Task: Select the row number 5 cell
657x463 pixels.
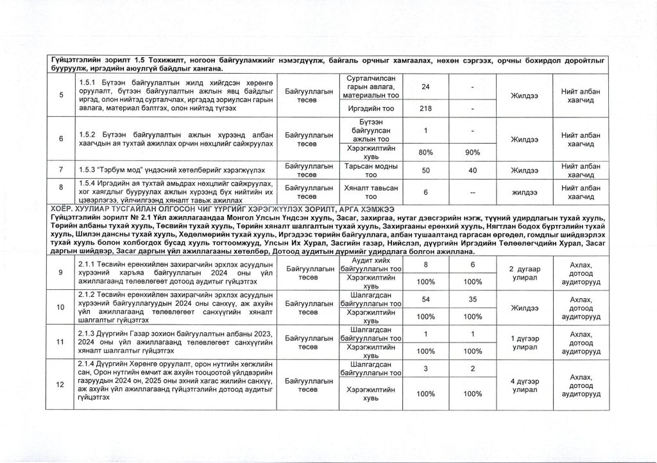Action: [x=61, y=96]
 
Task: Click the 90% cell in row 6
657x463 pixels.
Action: [x=472, y=153]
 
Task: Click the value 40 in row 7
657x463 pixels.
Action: [x=472, y=171]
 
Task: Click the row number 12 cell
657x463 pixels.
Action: [x=61, y=385]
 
